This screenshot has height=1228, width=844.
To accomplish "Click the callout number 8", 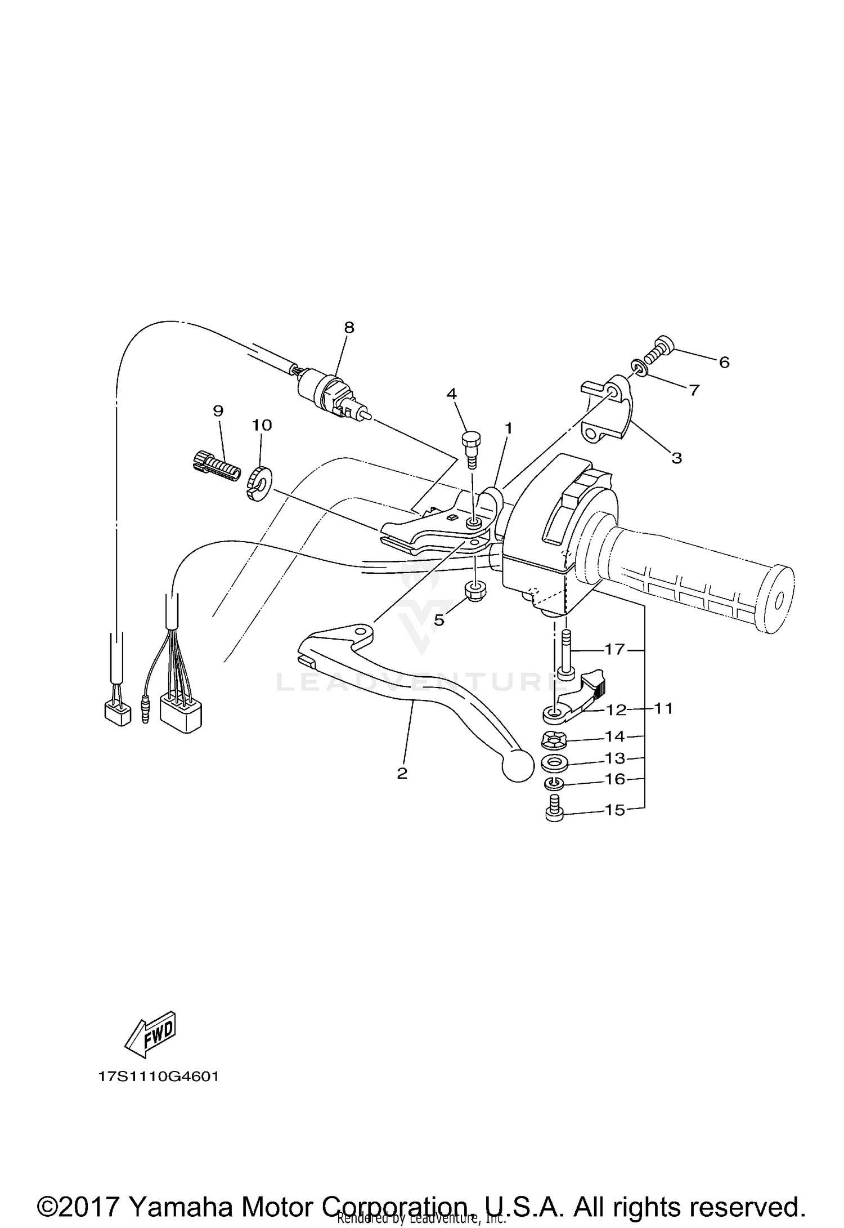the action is click(349, 327).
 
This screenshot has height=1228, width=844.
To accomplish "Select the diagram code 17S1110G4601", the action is click(158, 1077).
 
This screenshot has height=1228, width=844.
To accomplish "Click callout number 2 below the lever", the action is click(402, 773).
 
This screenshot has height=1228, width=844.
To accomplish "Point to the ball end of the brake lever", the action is click(517, 766).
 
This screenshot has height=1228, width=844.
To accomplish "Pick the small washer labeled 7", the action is click(640, 368).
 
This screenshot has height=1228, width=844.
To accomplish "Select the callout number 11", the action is click(664, 708).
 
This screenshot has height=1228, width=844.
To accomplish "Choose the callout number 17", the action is click(614, 649).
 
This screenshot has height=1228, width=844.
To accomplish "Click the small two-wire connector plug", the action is click(118, 714).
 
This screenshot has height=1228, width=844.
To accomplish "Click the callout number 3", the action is click(676, 458).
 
